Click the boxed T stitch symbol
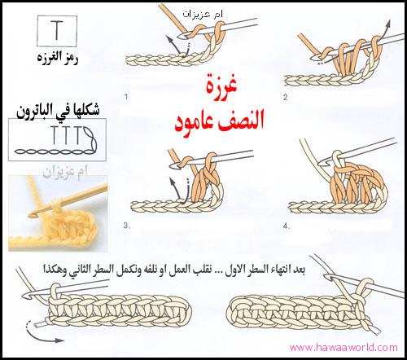point(57,31)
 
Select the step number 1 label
point(126,97)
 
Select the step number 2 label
point(286,97)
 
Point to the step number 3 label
point(126,226)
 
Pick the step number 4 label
point(287,226)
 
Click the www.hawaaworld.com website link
point(344,348)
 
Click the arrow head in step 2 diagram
point(387,25)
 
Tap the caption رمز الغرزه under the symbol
point(58,59)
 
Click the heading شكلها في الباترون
point(58,112)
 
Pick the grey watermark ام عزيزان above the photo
point(65,172)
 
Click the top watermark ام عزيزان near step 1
point(203,14)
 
